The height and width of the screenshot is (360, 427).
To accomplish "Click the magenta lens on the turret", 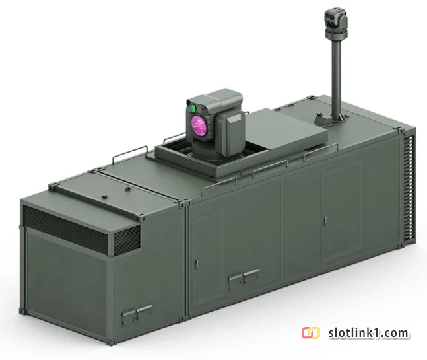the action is [x=199, y=124].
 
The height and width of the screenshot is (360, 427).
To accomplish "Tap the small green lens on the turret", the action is [x=193, y=108].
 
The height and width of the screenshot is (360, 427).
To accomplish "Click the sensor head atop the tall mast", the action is [x=336, y=22].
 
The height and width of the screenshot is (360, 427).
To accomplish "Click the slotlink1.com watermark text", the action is [x=368, y=333].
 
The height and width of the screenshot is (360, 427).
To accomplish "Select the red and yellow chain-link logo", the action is [x=311, y=333].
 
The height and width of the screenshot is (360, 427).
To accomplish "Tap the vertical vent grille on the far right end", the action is [x=410, y=188].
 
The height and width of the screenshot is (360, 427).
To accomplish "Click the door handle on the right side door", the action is [x=325, y=221].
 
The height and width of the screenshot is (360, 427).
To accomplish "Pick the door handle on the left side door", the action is [x=197, y=265].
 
